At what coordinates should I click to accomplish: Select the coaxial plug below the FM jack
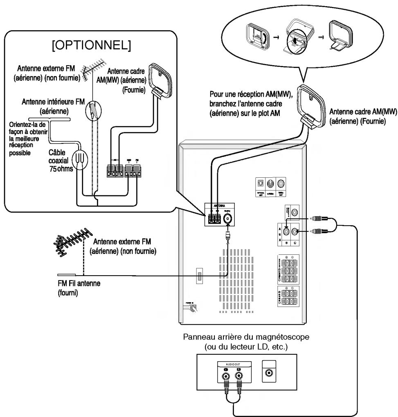click(x=227, y=236)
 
